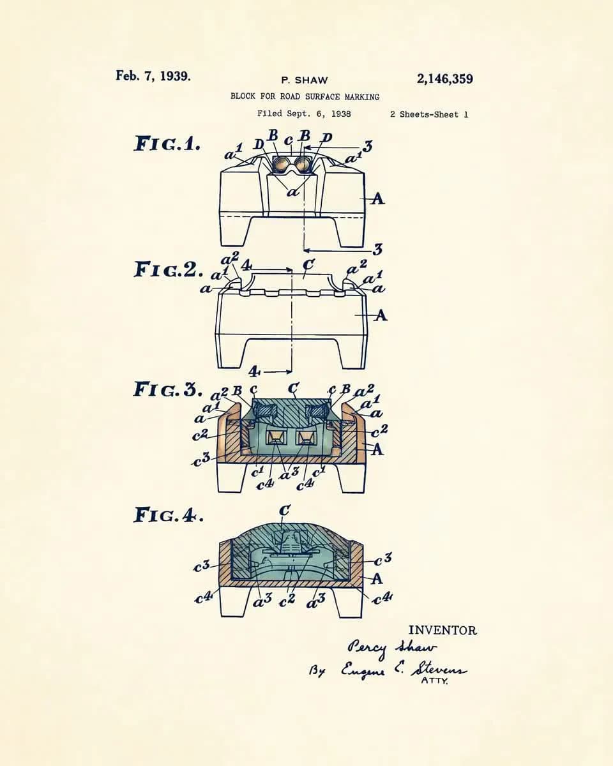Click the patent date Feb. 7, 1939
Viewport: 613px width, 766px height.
[x=153, y=76]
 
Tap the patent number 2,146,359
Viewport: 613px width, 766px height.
[x=445, y=79]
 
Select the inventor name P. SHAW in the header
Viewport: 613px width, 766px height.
[x=304, y=80]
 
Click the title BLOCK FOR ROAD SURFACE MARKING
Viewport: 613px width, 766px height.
[x=305, y=96]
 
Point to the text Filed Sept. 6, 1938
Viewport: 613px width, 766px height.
[x=304, y=114]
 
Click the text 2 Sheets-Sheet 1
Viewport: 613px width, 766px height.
[x=429, y=115]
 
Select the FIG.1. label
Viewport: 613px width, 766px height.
[x=167, y=144]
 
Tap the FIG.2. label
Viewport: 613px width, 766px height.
[x=168, y=269]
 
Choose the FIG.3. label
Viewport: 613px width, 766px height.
[x=168, y=389]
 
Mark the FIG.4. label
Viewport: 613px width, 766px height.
[x=169, y=515]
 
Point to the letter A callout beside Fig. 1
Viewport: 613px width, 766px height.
[x=377, y=199]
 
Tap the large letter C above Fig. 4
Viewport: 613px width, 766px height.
[x=285, y=510]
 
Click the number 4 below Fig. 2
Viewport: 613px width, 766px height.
[x=254, y=372]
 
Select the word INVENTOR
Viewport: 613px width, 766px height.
[x=442, y=631]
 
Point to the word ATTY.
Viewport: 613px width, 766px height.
[x=435, y=681]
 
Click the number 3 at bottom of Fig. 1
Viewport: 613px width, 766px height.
[x=377, y=249]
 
